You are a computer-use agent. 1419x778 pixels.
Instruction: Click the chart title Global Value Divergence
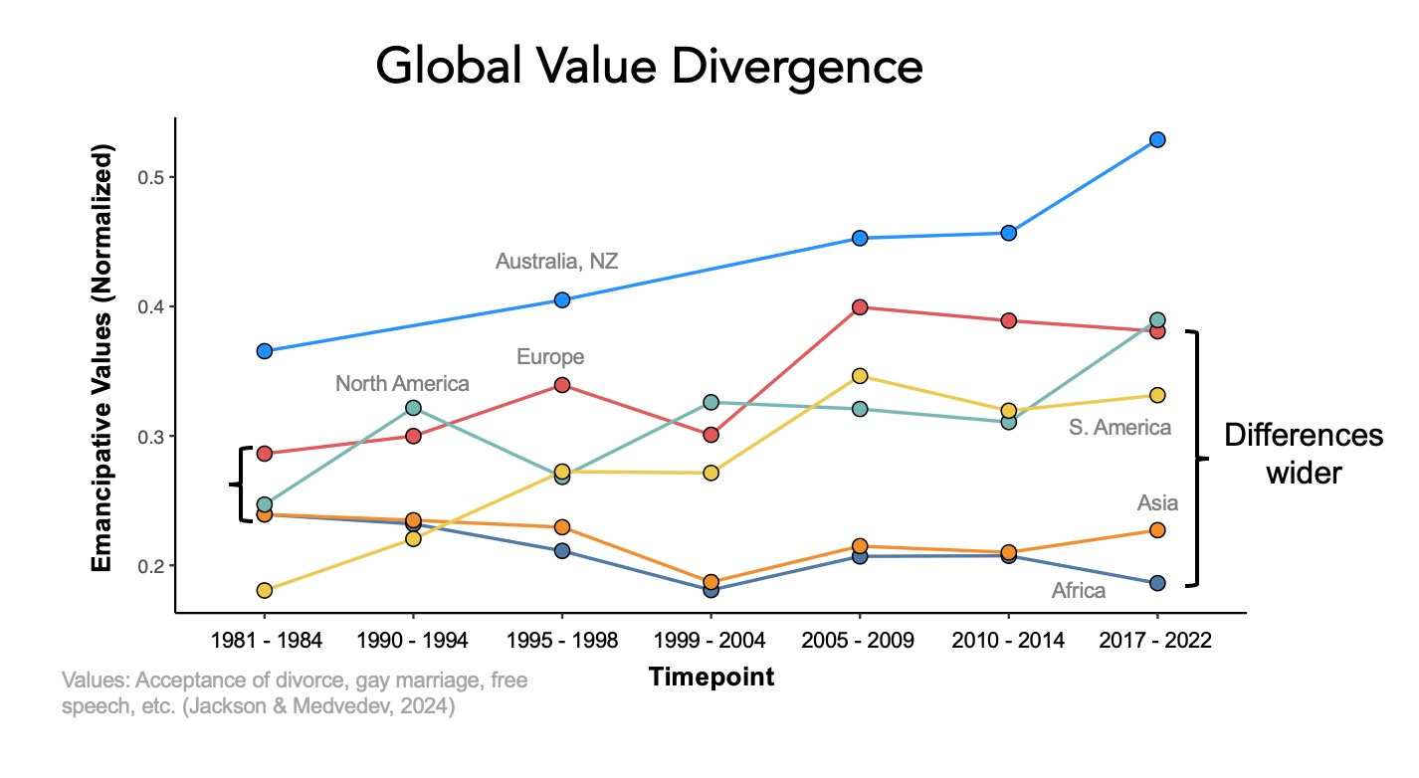click(x=649, y=67)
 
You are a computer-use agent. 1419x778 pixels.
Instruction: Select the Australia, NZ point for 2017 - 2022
click(x=1157, y=140)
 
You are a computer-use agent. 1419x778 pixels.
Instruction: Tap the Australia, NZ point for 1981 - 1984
click(x=265, y=351)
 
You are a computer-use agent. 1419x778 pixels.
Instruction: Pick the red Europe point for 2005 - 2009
click(x=860, y=307)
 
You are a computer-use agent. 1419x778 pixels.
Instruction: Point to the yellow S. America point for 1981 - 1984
click(x=265, y=591)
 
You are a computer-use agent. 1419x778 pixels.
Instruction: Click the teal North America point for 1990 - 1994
click(x=413, y=408)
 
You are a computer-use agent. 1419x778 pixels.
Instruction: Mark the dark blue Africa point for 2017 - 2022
click(x=1157, y=583)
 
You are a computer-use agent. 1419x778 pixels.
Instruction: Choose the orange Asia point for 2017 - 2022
click(x=1157, y=530)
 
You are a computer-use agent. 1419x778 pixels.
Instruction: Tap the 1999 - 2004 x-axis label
click(x=710, y=641)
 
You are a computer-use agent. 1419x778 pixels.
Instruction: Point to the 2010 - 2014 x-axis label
click(x=1008, y=641)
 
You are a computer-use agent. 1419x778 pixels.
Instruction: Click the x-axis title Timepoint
click(x=711, y=678)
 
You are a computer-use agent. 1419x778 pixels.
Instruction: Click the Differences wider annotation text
click(x=1303, y=454)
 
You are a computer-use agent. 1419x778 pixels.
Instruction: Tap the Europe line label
click(x=550, y=357)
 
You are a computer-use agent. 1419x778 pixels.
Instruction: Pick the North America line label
click(x=402, y=384)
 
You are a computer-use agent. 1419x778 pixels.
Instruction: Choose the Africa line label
click(x=1079, y=591)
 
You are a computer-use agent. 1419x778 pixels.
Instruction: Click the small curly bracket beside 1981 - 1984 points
click(x=240, y=485)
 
